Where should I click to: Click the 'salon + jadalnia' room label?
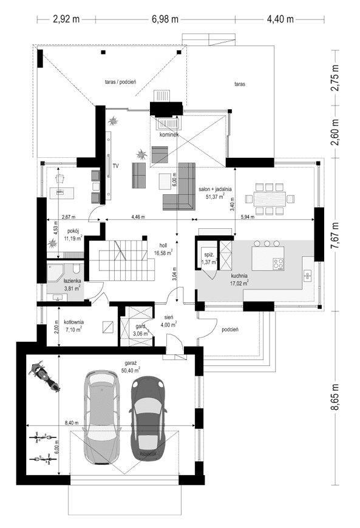click(215, 189)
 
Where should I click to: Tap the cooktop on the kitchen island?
click(279, 264)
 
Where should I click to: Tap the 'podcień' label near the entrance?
click(229, 330)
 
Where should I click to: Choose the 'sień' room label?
click(169, 316)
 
